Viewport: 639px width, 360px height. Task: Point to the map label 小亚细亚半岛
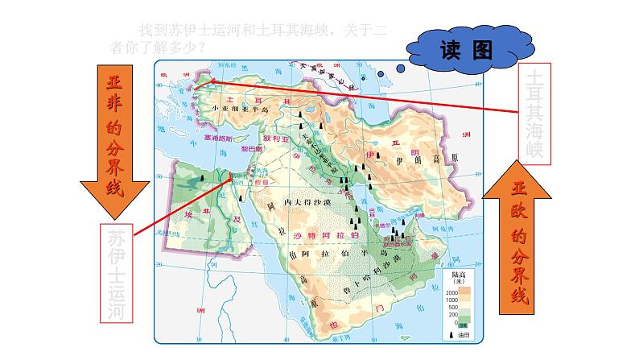click(x=241, y=109)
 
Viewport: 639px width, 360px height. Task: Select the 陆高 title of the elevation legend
click(x=455, y=274)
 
